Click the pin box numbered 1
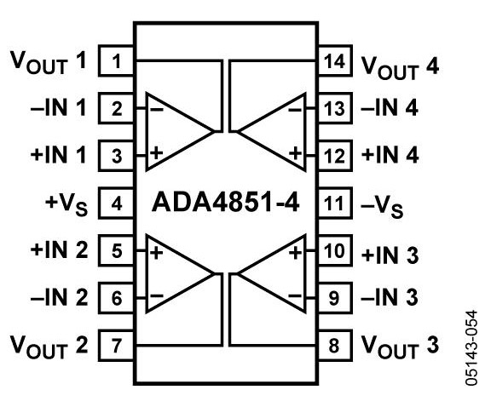click(x=116, y=60)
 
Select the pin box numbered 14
click(x=335, y=60)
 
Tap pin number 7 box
click(x=116, y=346)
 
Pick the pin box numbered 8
click(x=335, y=346)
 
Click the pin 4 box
click(x=116, y=203)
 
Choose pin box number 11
click(x=335, y=203)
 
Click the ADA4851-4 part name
click(x=225, y=203)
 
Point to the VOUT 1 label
click(x=49, y=62)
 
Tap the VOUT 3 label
click(x=400, y=347)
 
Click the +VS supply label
click(x=66, y=205)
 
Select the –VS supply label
click(x=382, y=206)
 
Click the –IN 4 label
click(x=390, y=108)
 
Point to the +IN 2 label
click(x=59, y=250)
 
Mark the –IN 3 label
click(x=390, y=297)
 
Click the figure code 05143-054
click(x=471, y=348)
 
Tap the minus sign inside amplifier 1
click(x=157, y=109)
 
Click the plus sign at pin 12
click(x=295, y=153)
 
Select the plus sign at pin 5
click(x=157, y=252)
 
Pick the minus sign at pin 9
click(x=295, y=295)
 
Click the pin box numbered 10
click(x=335, y=250)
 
